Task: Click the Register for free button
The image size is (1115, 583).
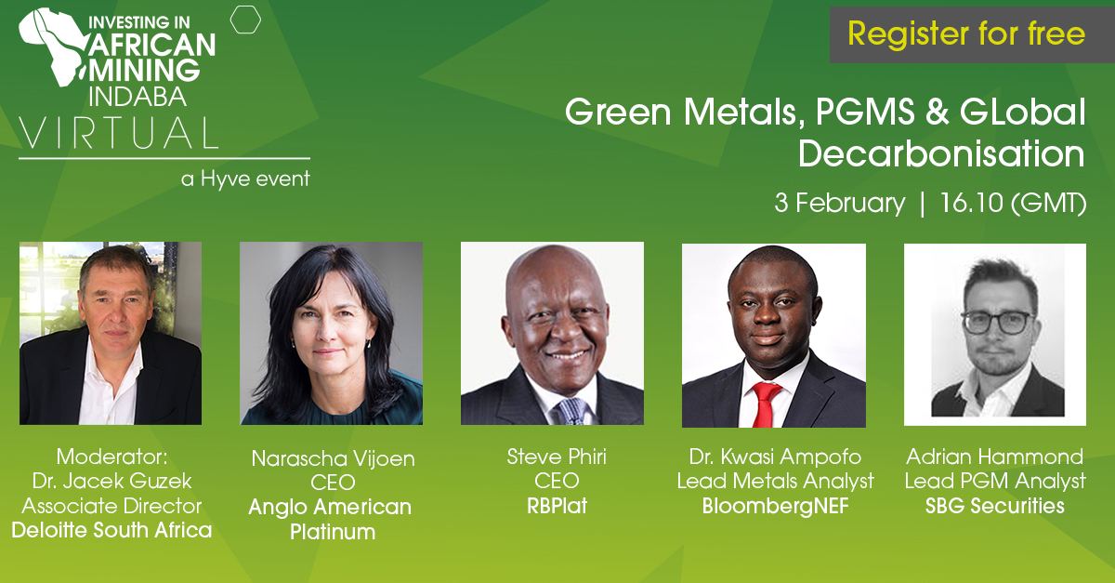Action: (966, 35)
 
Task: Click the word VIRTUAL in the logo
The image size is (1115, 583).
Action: (118, 132)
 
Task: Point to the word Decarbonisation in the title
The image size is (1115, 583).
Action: (940, 154)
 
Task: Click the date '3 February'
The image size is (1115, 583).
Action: (839, 204)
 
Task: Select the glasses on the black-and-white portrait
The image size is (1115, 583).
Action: (996, 322)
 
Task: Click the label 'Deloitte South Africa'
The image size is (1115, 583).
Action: (111, 530)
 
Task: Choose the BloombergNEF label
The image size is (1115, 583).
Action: (775, 506)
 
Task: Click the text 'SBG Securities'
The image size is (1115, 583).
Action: (995, 506)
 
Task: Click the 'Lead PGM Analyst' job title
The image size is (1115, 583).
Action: (995, 482)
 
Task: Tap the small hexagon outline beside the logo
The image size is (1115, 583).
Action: (244, 20)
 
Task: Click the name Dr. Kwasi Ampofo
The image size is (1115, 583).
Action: (775, 457)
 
